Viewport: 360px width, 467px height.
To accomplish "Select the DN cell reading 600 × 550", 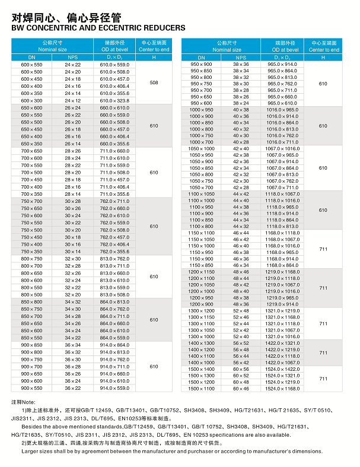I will pyautogui.click(x=32, y=64).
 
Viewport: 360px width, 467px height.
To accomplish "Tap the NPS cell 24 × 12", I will pyautogui.click(x=73, y=100).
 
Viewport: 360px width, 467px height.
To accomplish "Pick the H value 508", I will pyautogui.click(x=154, y=82).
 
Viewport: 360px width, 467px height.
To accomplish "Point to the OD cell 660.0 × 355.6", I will pyautogui.click(x=114, y=144).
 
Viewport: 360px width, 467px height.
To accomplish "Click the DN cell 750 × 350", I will pyautogui.click(x=32, y=252).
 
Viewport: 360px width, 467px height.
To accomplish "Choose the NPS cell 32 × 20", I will pyautogui.click(x=73, y=294).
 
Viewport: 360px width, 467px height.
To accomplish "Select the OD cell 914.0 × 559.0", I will pyautogui.click(x=114, y=388).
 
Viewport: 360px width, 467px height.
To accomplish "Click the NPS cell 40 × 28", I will pyautogui.click(x=241, y=142).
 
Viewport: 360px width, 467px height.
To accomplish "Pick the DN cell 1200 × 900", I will pyautogui.click(x=201, y=304).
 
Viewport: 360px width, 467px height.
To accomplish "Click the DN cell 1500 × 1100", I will pyautogui.click(x=201, y=389).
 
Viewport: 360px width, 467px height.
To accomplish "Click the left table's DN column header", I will pyautogui.click(x=32, y=57).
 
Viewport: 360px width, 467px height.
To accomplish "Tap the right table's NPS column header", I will pyautogui.click(x=241, y=57).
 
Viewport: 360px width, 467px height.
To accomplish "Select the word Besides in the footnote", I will pyautogui.click(x=33, y=425).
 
